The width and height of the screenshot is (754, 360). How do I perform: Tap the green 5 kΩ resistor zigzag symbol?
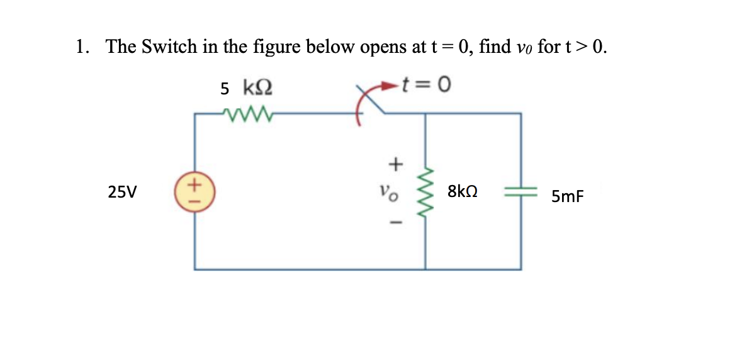[x=245, y=114]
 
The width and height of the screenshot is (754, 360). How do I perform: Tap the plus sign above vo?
[x=395, y=164]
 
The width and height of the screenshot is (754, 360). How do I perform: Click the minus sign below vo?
[x=395, y=222]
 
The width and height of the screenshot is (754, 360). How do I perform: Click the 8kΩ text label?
[x=463, y=191]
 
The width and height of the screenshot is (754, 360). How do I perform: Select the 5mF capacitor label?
[x=567, y=197]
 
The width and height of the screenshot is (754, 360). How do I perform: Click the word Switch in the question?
[x=169, y=47]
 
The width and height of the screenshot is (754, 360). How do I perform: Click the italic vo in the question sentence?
[x=525, y=49]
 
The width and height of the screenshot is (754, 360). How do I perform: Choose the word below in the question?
[x=318, y=47]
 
